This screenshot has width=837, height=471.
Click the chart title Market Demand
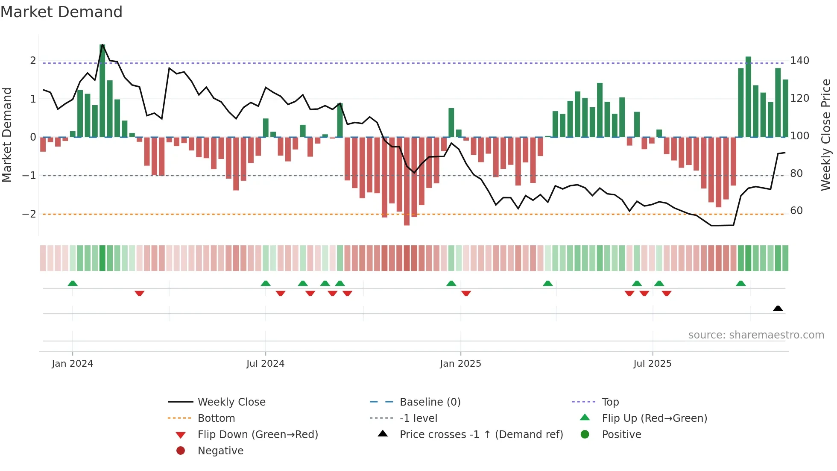61,12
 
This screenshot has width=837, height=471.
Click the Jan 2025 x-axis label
460,364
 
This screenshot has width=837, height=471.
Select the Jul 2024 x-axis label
265,364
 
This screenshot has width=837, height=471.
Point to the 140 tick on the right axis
799,61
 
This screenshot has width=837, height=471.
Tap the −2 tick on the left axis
29,214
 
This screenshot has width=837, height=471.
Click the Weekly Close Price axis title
826,135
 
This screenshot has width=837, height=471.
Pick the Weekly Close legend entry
231,402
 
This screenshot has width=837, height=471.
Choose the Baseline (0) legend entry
430,402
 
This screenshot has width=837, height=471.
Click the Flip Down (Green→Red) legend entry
258,435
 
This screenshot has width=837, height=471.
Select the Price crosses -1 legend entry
481,435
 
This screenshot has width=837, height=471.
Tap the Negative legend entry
220,451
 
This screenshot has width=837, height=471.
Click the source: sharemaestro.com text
756,335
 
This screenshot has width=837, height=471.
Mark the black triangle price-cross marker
778,308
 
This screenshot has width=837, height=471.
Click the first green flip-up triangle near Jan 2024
73,283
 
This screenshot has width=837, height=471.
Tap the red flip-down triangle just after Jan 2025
466,293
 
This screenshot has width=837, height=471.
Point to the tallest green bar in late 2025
748,97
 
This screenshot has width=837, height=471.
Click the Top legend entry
610,402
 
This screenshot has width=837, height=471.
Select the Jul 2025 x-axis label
652,364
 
